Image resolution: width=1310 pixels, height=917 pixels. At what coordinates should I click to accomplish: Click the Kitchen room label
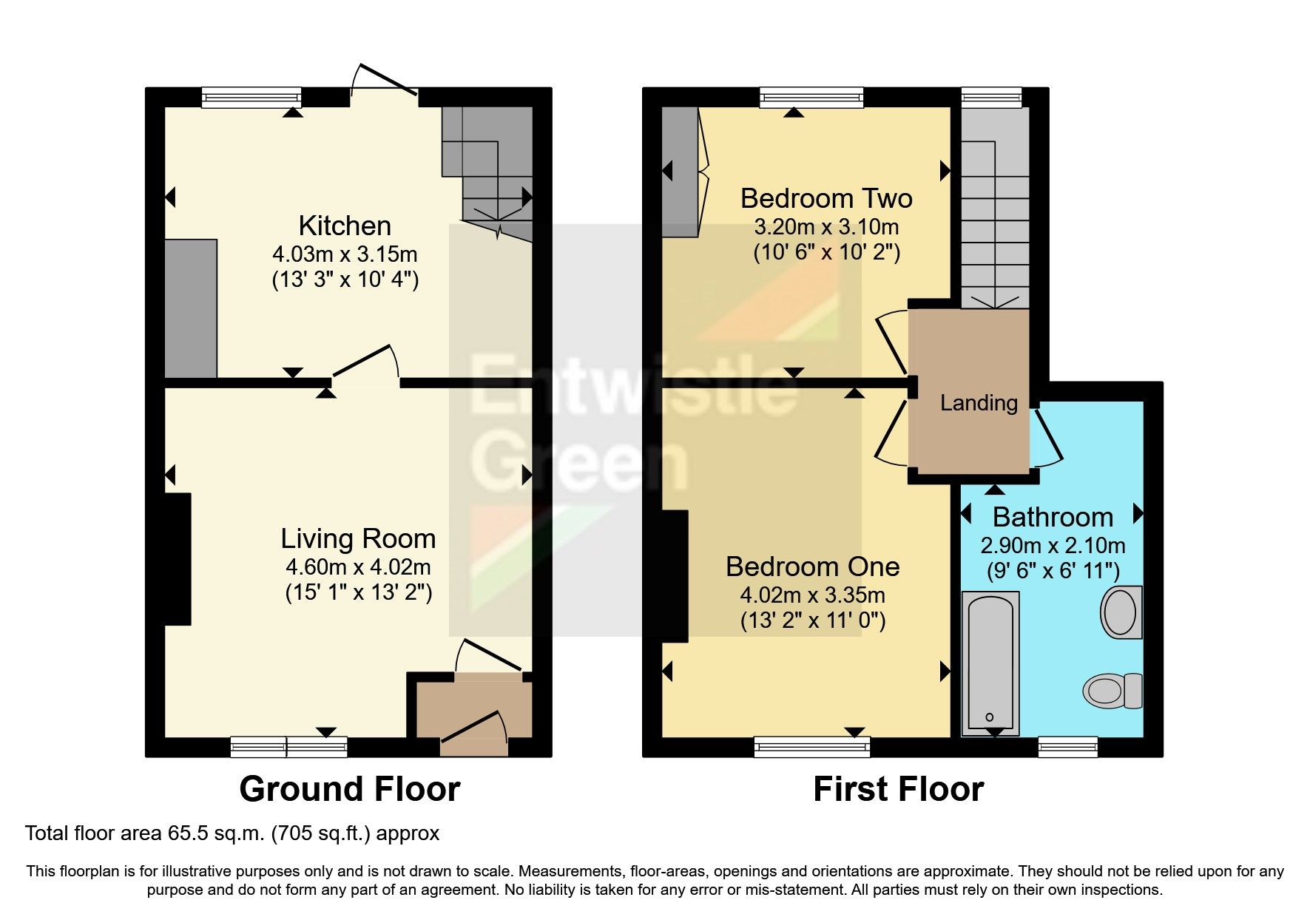[x=345, y=226]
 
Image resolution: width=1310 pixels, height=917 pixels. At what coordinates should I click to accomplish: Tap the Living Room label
[x=358, y=539]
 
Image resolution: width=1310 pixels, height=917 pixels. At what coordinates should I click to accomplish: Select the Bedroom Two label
[x=826, y=198]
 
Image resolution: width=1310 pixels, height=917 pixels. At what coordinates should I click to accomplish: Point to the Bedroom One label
[x=812, y=566]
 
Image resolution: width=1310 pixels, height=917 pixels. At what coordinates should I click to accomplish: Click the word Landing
[x=979, y=403]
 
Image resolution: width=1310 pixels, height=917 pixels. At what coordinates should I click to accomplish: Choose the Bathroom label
[x=1053, y=517]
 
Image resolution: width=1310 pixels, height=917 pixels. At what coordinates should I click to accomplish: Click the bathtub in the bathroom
[x=990, y=663]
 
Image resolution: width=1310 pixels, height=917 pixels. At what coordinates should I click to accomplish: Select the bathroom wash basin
[x=1121, y=612]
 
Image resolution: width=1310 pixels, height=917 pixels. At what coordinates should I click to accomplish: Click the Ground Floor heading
[x=350, y=789]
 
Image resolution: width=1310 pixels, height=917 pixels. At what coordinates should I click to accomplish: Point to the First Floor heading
[x=899, y=789]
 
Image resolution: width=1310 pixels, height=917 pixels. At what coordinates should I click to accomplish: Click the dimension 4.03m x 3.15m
[x=345, y=254]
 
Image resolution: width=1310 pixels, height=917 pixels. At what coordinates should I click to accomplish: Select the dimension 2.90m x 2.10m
[x=1053, y=546]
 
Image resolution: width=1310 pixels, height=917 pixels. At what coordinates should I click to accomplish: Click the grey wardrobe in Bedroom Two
[x=680, y=172]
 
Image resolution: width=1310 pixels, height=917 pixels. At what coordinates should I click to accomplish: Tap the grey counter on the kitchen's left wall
[x=191, y=308]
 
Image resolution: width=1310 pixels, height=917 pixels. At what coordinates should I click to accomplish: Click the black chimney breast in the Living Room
[x=178, y=559]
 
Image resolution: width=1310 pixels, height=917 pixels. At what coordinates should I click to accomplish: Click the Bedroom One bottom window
[x=812, y=748]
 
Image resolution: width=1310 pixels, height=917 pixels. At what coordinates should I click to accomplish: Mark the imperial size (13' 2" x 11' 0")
[x=813, y=620]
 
